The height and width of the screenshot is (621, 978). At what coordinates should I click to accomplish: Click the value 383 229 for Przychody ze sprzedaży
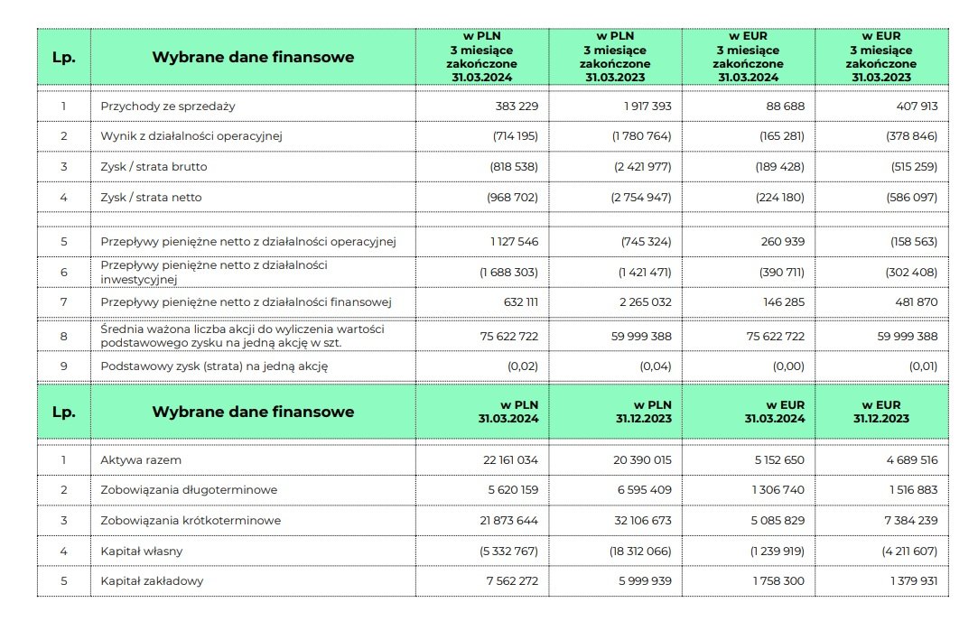517,107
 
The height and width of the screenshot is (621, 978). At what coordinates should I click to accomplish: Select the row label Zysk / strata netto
151,197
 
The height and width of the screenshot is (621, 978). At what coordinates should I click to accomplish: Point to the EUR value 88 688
785,107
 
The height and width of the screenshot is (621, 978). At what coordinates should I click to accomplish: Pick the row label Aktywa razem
141,459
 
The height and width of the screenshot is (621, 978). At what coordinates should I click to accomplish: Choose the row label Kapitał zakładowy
152,580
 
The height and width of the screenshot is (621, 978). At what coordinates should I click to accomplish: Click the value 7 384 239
908,521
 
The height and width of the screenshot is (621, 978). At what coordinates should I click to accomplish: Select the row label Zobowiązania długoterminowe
189,490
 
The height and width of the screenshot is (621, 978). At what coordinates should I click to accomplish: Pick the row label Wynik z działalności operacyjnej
191,136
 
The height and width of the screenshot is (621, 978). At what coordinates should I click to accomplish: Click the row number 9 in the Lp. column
64,366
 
